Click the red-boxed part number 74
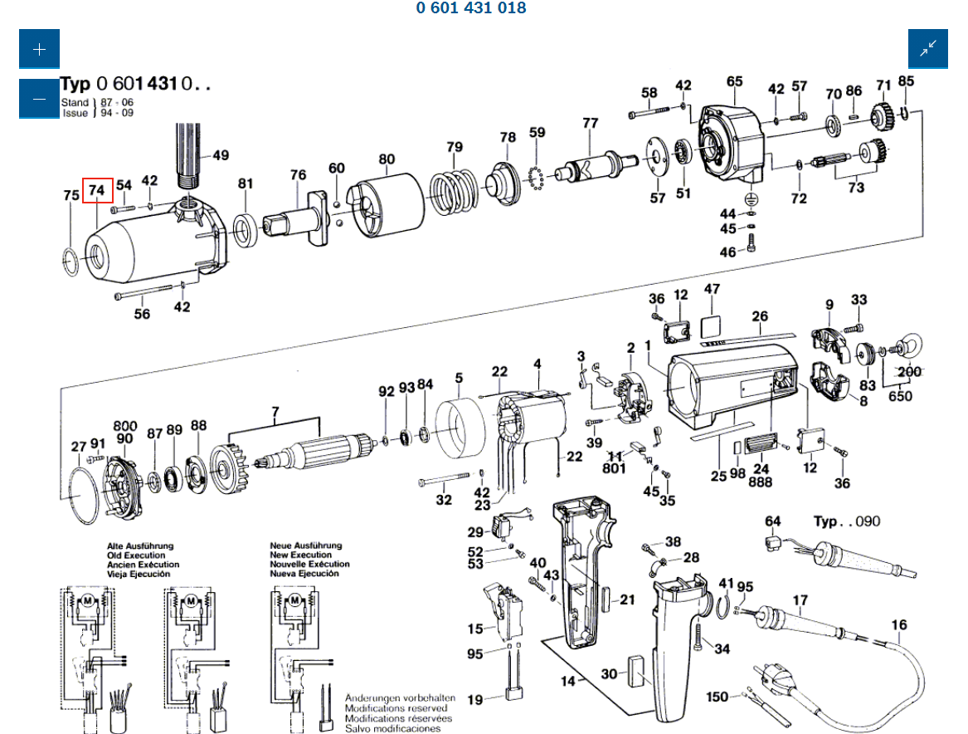[97, 191]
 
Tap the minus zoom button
[39, 98]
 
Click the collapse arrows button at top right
[927, 49]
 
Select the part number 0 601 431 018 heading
[471, 8]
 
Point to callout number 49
[221, 155]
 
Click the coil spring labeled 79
[453, 190]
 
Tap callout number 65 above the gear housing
[735, 81]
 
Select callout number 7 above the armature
[276, 412]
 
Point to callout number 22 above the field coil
[499, 371]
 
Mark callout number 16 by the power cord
[900, 625]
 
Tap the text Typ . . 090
[847, 521]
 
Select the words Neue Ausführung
[305, 546]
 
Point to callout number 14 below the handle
[567, 682]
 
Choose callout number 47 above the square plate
[713, 289]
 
